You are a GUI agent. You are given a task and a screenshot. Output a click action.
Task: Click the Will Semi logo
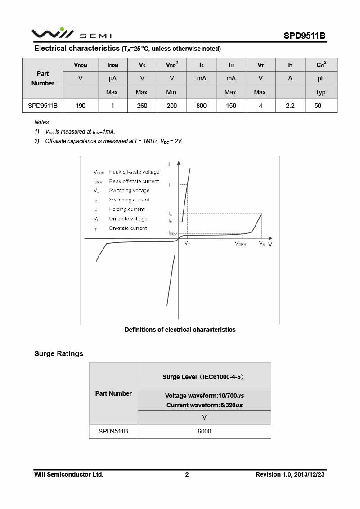point(71,34)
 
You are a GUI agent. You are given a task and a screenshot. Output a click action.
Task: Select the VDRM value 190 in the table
point(81,106)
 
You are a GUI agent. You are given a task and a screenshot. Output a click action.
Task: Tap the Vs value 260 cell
point(142,106)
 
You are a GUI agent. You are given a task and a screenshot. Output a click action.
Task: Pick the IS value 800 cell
point(201,106)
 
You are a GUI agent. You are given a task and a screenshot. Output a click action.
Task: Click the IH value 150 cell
point(231,106)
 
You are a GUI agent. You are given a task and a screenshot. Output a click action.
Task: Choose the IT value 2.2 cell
point(290,106)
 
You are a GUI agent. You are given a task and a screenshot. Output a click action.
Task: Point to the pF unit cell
point(321,78)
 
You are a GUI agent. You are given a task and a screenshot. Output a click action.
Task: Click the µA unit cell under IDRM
point(112,78)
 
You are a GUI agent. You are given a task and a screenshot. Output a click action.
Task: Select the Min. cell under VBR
point(171,92)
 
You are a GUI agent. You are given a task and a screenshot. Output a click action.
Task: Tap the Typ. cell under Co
point(321,92)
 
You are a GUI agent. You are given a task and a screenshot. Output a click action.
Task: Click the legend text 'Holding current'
point(127,209)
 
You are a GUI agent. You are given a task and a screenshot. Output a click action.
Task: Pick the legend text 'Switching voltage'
point(129,191)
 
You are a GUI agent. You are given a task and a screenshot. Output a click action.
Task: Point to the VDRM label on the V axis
point(241,244)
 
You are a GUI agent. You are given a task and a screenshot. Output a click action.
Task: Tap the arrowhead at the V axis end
point(271,238)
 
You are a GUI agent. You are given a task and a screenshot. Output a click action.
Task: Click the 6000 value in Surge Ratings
point(204,431)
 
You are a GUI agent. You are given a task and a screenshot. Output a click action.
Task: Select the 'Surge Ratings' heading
point(59,353)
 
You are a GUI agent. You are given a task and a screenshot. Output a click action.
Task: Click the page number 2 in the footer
point(187,474)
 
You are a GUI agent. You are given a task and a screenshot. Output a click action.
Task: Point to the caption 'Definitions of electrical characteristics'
point(180,330)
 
